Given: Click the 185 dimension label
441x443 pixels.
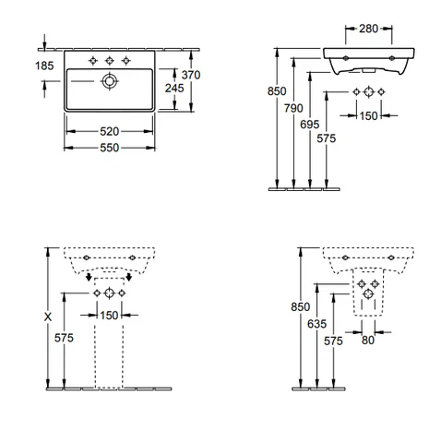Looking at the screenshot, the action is click(44, 66).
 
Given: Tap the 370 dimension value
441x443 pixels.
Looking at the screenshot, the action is click(191, 75).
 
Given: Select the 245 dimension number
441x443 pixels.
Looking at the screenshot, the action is click(174, 89).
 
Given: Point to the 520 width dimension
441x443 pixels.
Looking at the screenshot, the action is click(109, 132).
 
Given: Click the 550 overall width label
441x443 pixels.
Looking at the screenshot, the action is click(109, 148).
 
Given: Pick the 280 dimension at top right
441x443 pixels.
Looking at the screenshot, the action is click(368, 29).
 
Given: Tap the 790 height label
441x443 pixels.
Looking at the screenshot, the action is click(293, 108).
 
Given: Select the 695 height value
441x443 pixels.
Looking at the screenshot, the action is click(310, 125).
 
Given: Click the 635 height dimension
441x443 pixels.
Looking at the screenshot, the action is click(316, 324).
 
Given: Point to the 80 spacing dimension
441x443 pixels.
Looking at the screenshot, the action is click(368, 341).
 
